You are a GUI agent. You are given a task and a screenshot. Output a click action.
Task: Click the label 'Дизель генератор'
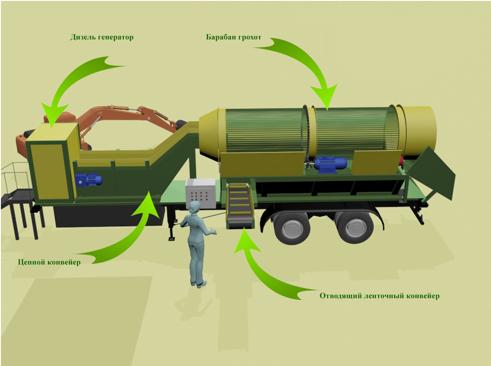tap(102, 37)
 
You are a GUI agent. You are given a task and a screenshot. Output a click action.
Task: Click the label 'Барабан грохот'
tap(234, 37)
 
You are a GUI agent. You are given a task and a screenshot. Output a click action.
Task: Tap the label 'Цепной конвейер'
tap(49, 262)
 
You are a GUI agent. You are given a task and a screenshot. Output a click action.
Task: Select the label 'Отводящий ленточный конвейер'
tap(380, 296)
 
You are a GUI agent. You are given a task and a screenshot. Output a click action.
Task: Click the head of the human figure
tap(194, 208)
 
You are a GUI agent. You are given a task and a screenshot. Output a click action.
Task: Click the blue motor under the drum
tap(330, 164)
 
